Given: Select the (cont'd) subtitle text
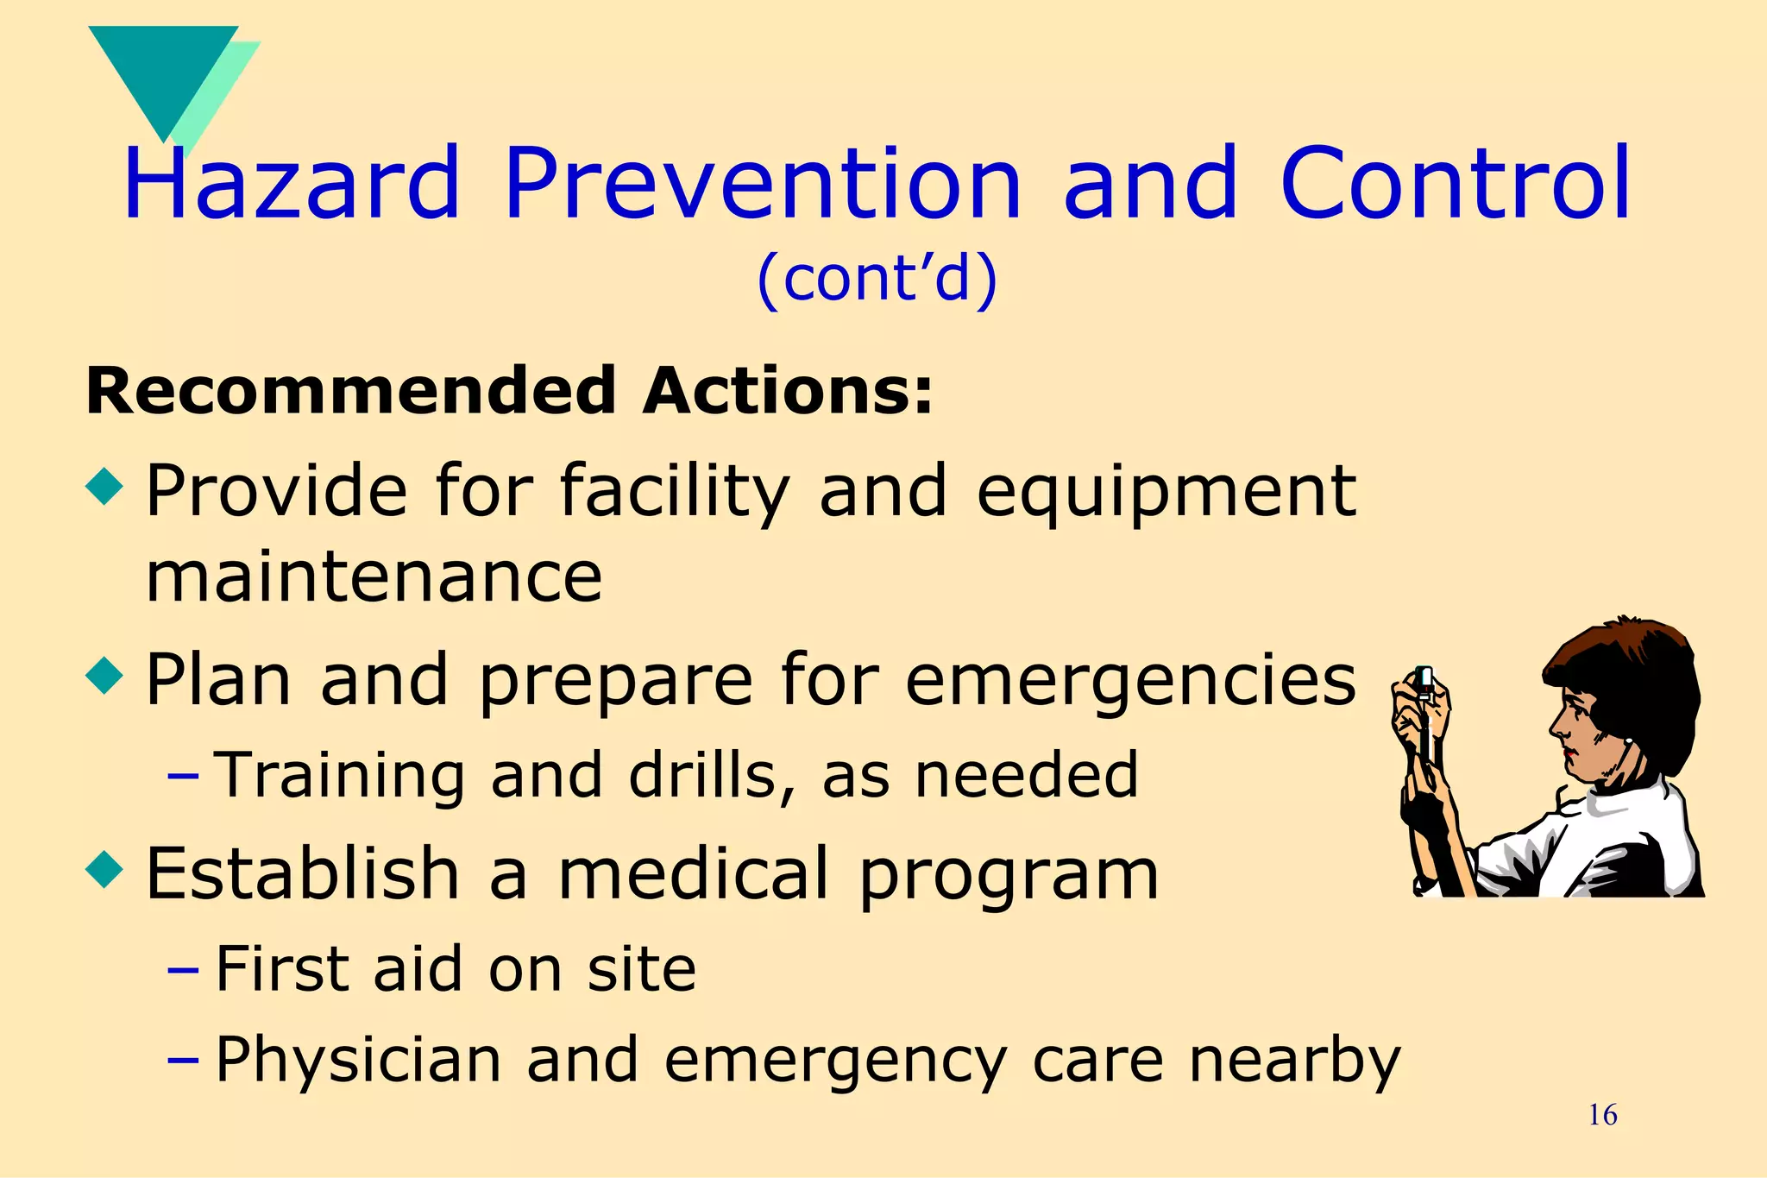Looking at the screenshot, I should pos(877,279).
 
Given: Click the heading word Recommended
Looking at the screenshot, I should pos(349,391).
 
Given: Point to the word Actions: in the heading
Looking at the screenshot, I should pos(787,391).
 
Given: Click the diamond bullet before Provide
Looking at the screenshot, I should pos(105,486).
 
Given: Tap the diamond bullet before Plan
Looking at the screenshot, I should pos(105,675).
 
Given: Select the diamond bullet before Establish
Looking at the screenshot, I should pos(105,869).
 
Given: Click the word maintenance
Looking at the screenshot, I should pos(374,577).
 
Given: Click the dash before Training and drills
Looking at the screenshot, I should pos(183,776).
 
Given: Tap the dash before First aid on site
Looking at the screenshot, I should pos(183,969).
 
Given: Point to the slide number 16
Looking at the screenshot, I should pos(1602,1115).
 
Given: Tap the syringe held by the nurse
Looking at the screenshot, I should pos(1424,716).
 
